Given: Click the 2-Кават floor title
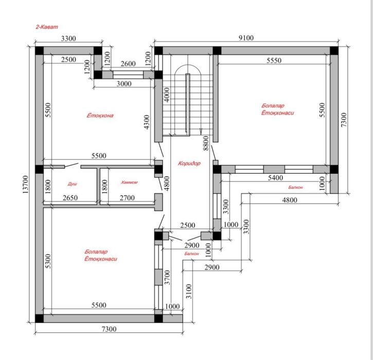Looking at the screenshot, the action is pos(47,27).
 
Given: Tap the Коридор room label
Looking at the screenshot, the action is pos(189,164).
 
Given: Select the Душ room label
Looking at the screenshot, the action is pos(73,184).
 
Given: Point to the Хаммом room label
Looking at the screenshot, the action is pos(129,183).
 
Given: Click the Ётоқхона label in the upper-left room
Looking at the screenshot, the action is pos(100,116).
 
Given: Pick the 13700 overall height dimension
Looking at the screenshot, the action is pos(25,184).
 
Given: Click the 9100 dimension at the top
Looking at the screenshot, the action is pos(246,38).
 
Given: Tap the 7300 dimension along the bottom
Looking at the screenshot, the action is pos(109,329).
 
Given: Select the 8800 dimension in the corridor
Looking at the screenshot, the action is pos(206,143).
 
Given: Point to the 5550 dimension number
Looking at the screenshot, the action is pos(274,60).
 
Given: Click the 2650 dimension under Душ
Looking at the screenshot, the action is pos(70,198).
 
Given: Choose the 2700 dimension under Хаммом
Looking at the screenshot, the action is pos(127,198).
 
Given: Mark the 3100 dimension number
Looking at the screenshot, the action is pos(189,291).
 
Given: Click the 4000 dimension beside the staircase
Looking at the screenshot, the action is pos(167,95).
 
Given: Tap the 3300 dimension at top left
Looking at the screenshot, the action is pos(68,39).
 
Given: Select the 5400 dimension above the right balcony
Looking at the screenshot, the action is pos(275,177).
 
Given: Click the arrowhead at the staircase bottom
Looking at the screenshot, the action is pos(201,131).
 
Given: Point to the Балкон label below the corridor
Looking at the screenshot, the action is pos(191,254).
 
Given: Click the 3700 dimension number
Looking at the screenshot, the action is pos(168,277).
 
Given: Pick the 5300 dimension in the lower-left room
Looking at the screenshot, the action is pos(48,261).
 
